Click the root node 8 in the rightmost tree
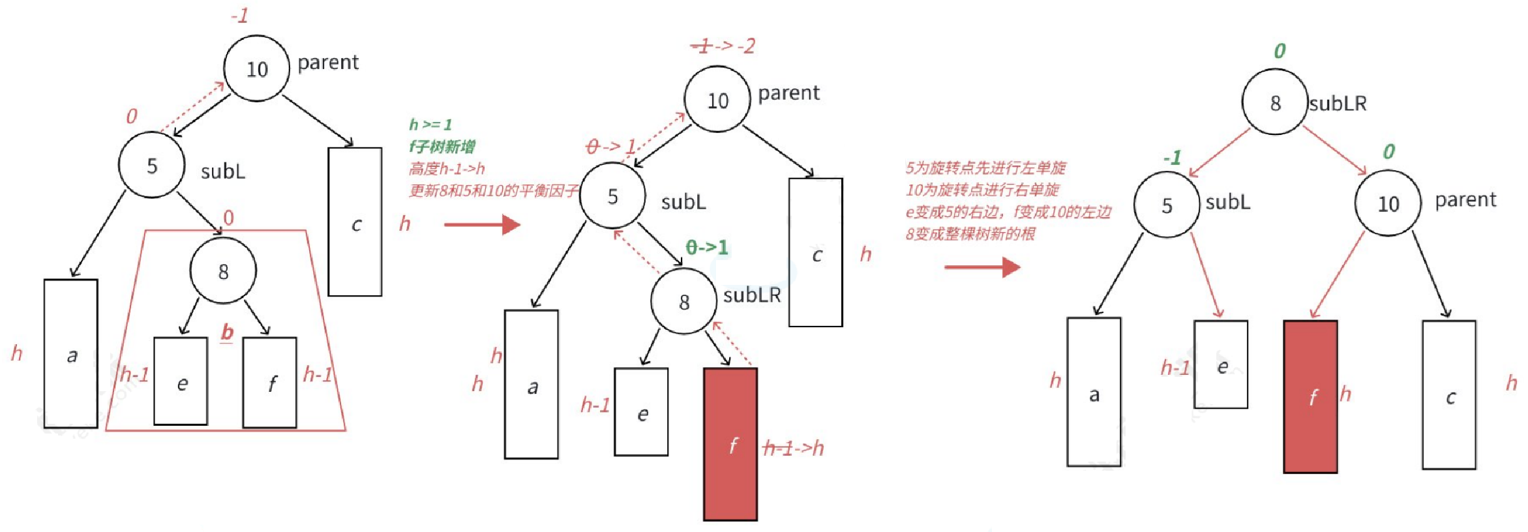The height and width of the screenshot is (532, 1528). (x=1274, y=102)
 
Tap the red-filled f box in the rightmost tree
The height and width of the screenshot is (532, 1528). (x=1310, y=396)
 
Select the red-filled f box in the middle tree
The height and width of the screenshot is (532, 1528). (x=730, y=444)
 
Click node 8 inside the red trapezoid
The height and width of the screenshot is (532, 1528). (x=223, y=271)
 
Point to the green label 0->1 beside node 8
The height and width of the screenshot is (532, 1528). (x=707, y=247)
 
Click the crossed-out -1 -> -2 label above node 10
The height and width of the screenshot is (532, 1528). (x=723, y=46)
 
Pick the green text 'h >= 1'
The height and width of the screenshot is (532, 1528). (x=430, y=125)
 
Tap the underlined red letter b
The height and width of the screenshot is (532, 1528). (x=227, y=332)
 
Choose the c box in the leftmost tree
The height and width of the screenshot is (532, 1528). (x=355, y=222)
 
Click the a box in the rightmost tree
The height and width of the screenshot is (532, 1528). (x=1094, y=392)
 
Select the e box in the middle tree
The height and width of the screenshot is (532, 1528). (x=641, y=411)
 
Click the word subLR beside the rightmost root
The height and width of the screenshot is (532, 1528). (x=1338, y=104)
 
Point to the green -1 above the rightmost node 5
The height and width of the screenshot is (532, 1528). (x=1172, y=158)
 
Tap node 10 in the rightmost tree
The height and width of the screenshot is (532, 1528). (x=1388, y=203)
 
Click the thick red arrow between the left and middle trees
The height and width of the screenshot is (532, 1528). (x=482, y=225)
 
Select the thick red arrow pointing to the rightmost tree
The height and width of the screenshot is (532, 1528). (x=982, y=267)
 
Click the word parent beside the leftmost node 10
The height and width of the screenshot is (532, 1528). (x=328, y=63)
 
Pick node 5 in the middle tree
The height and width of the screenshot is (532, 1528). (x=612, y=196)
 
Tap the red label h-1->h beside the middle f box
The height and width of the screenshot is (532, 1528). (x=794, y=448)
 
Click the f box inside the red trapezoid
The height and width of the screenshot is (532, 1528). (x=269, y=383)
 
